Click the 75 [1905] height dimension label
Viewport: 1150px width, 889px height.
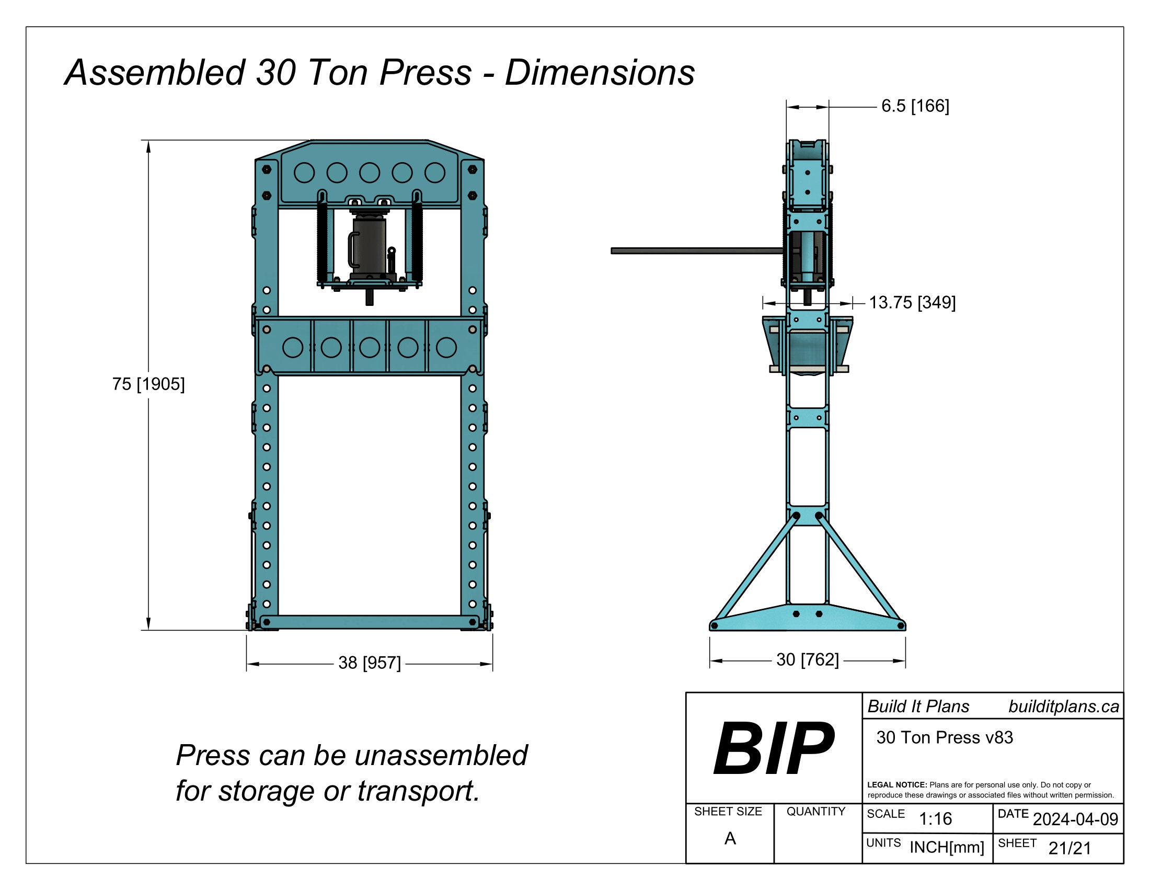tap(148, 384)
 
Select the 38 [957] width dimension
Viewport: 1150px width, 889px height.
tap(369, 663)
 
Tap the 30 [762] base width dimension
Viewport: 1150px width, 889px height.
tap(807, 659)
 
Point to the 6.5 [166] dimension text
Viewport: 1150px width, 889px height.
tap(915, 106)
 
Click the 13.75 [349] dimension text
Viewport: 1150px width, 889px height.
tap(912, 302)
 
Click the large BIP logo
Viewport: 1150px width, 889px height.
tap(773, 748)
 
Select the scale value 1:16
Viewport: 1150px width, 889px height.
tap(935, 818)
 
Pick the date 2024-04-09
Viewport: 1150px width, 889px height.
tap(1075, 819)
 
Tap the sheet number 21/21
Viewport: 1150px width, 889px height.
tap(1069, 848)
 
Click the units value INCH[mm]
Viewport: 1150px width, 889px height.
tap(947, 847)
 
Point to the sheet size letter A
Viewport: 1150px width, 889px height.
tap(730, 838)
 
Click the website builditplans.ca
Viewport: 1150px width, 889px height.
tap(1064, 707)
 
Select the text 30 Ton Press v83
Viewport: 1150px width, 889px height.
tap(945, 737)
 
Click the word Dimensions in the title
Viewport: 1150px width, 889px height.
tap(600, 73)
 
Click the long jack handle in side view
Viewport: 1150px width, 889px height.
tap(695, 251)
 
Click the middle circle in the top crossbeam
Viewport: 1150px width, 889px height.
tap(369, 173)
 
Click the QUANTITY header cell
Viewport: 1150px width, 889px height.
tap(815, 812)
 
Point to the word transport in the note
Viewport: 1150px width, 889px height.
tap(418, 791)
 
